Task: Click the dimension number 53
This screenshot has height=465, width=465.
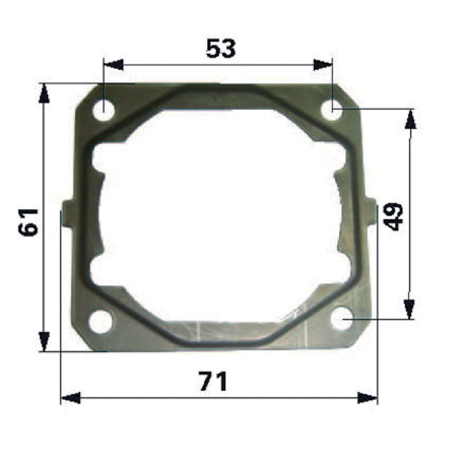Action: (x=221, y=49)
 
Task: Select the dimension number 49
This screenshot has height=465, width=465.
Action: (x=393, y=217)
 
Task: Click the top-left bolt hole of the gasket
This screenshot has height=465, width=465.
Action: (x=104, y=110)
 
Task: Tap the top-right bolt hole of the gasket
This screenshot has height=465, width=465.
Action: (x=332, y=110)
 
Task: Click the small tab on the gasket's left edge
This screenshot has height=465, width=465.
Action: (x=68, y=213)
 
